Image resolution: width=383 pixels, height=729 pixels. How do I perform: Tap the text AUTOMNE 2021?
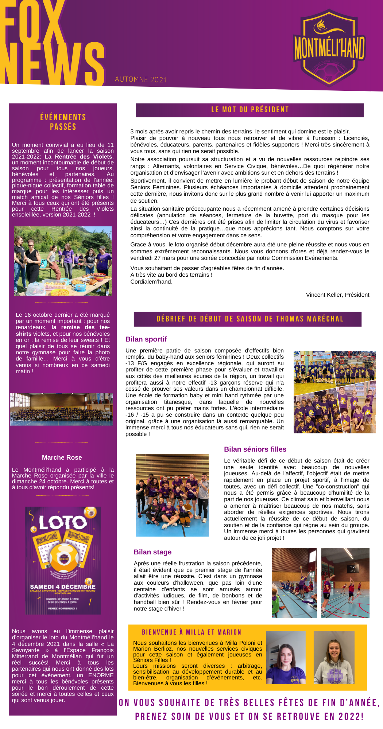(141, 79)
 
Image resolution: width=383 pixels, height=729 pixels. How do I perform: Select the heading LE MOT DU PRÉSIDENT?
(250, 110)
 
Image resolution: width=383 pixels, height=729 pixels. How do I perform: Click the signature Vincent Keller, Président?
(337, 295)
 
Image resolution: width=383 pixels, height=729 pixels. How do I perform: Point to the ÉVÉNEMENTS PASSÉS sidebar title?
(63, 122)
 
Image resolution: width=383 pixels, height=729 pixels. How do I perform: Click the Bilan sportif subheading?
(146, 339)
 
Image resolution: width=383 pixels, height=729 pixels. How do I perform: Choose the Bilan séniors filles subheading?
(255, 449)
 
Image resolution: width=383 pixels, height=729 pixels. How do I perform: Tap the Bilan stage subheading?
(152, 552)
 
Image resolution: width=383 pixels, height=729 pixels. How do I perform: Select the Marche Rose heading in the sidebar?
(62, 458)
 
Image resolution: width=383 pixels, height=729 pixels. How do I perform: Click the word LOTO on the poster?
(63, 523)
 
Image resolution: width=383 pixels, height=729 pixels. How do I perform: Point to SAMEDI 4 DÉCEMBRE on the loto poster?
(63, 586)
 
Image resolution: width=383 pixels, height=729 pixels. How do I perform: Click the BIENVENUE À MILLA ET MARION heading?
(191, 632)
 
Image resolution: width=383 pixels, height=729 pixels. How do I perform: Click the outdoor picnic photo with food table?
(63, 261)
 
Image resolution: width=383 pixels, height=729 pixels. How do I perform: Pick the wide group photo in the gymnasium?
(62, 409)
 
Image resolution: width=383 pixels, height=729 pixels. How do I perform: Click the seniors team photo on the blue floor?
(172, 495)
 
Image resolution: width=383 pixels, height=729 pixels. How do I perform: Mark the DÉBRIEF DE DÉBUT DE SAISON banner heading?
(250, 319)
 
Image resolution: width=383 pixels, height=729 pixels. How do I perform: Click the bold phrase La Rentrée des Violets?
(78, 157)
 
